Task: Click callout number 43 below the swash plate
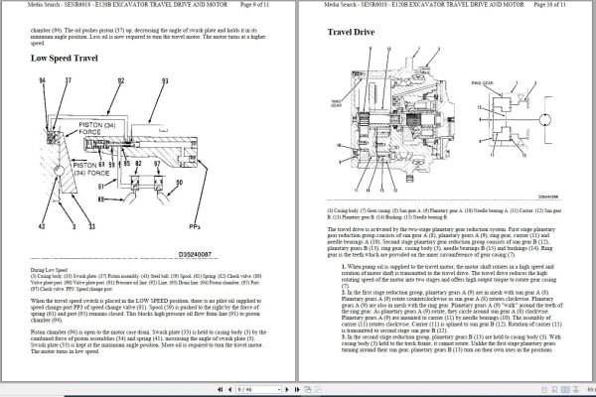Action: point(42,226)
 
